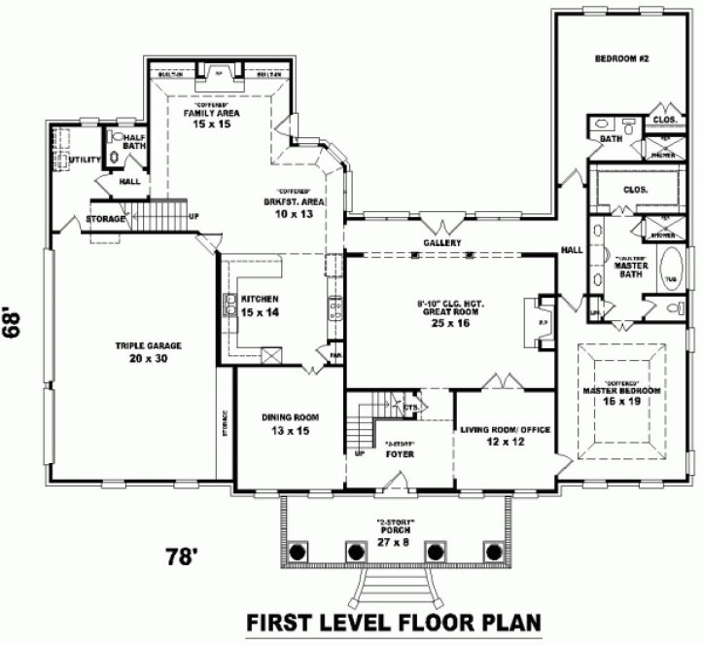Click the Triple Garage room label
149,351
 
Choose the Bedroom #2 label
615,59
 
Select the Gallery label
441,242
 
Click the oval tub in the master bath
672,268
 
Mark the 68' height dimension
13,323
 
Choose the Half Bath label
133,142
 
